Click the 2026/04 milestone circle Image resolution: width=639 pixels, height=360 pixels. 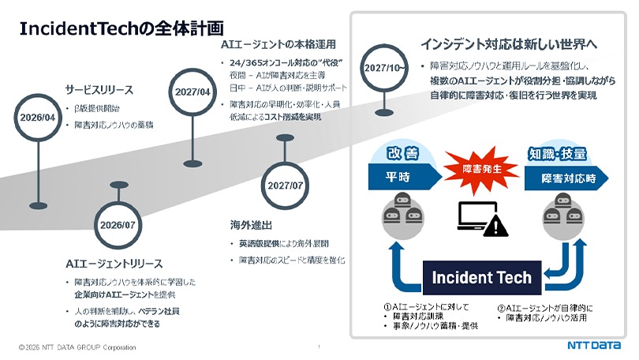[x=37, y=118]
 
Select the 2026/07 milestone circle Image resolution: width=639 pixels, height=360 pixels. [x=118, y=225]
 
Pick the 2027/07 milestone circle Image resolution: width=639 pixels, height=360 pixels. [x=285, y=186]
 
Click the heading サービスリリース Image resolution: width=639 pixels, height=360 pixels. [x=99, y=89]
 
